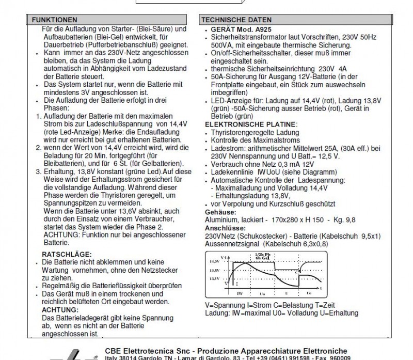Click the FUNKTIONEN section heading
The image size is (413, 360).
pos(55,19)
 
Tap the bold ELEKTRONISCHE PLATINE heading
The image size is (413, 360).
pos(251,125)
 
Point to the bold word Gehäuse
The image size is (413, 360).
pos(221,212)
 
